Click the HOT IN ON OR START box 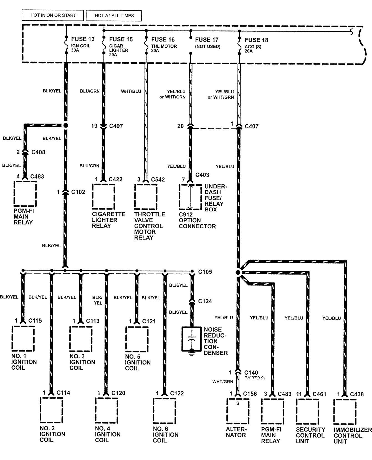point(53,16)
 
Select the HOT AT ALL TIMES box point(114,16)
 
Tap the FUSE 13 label point(83,39)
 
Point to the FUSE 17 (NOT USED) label point(207,43)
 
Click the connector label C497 point(116,126)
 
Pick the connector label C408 point(38,152)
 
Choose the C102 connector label point(78,192)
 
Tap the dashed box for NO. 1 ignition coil point(23,339)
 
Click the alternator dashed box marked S point(238,411)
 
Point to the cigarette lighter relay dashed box point(103,196)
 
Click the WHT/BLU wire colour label point(131,91)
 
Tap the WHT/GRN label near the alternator point(223,382)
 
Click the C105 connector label point(205,272)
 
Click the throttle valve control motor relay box point(146,196)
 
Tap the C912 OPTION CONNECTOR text point(197,220)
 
